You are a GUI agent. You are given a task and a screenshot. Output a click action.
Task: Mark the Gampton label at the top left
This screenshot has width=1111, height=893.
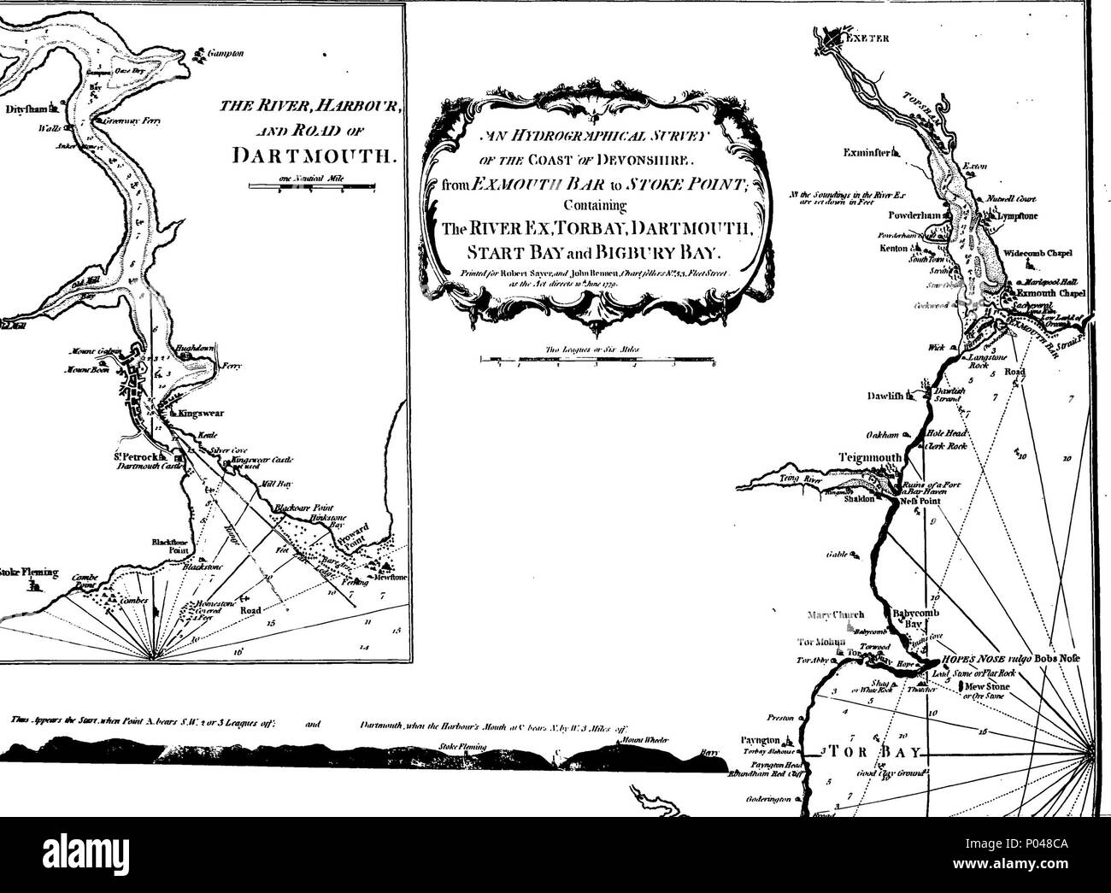(226, 53)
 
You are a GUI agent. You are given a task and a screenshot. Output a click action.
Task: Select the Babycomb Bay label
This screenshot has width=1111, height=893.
(915, 619)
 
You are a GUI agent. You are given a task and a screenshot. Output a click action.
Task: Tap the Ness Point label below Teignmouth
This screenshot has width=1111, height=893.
(916, 502)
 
